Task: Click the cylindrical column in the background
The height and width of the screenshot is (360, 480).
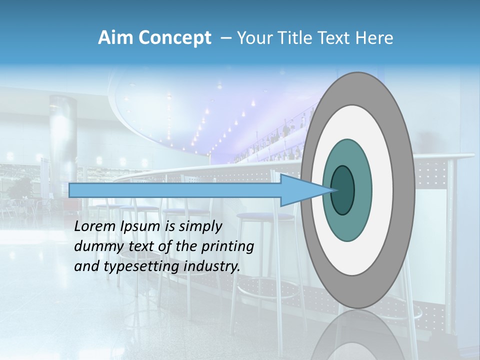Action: [x=63, y=135]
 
